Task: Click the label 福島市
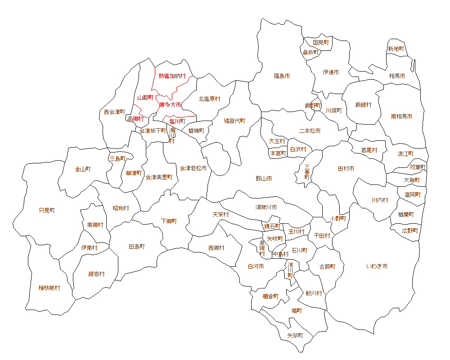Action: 282,76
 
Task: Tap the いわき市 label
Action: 377,266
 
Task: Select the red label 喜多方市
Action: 171,104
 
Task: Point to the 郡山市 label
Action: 264,179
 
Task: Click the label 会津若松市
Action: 193,168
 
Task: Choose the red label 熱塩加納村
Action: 172,76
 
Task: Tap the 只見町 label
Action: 47,210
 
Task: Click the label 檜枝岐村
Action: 49,288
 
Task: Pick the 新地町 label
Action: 396,49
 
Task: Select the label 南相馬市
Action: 401,116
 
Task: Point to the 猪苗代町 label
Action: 235,121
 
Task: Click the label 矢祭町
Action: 295,335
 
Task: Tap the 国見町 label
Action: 321,42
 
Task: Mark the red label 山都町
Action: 145,98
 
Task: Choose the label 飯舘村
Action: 363,105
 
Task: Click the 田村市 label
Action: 346,169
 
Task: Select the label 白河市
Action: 256,266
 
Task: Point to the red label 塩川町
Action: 177,121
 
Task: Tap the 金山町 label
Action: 83,169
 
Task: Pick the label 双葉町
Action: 418,167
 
